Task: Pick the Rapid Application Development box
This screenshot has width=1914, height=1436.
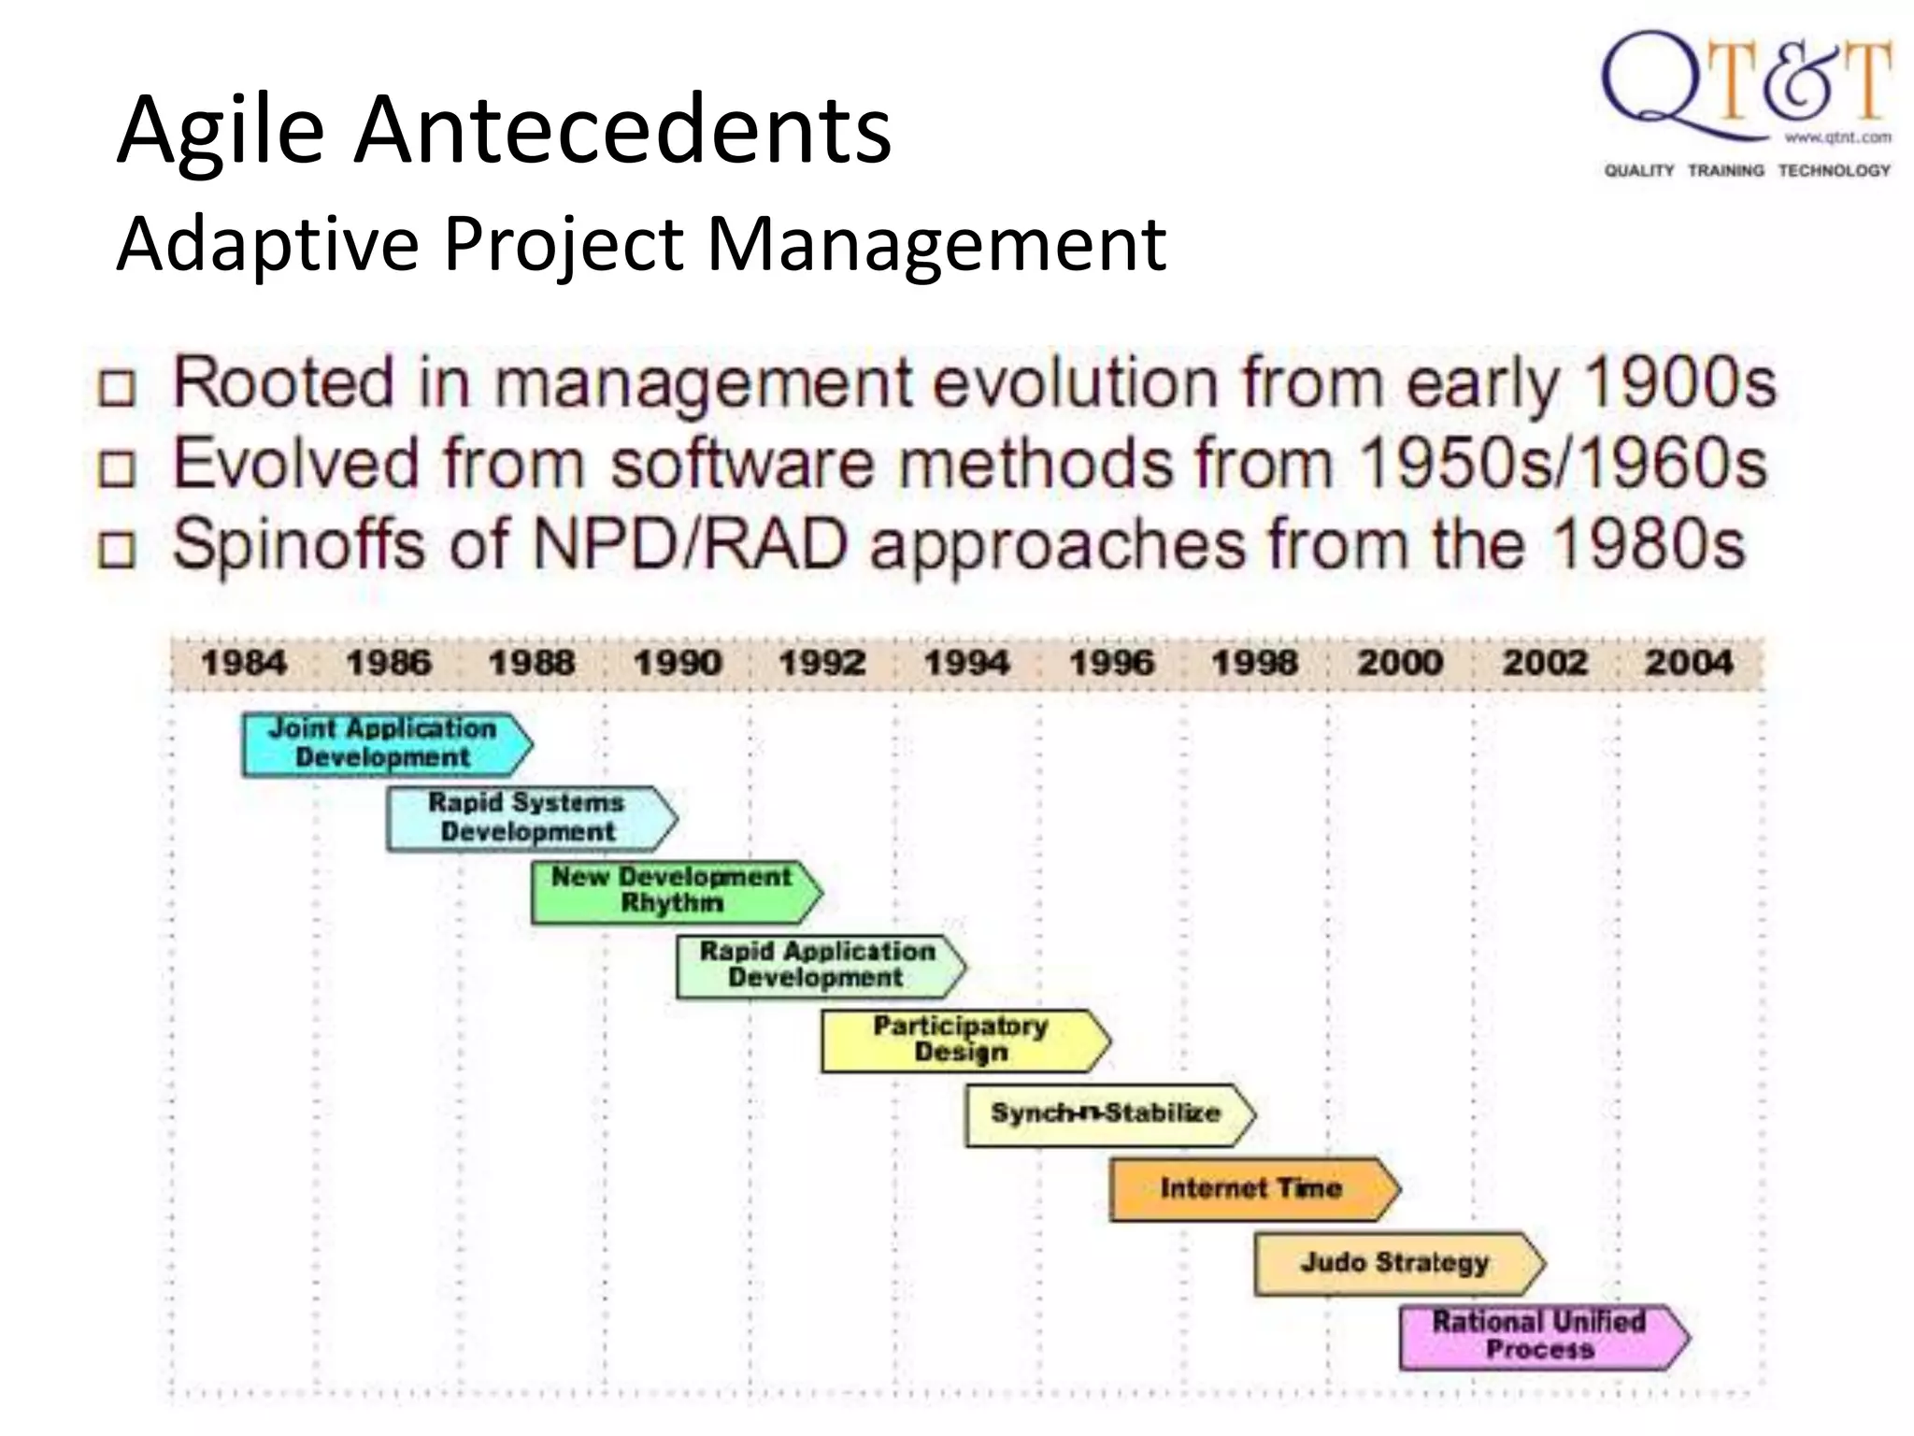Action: pos(819,966)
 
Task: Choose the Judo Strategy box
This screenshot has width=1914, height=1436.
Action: pos(1396,1263)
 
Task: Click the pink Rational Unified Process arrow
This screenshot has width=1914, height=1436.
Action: pos(1541,1337)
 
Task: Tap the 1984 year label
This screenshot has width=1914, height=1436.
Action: pos(244,663)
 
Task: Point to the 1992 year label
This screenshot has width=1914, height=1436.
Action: pos(822,663)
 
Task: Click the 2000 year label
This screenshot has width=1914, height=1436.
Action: pos(1400,663)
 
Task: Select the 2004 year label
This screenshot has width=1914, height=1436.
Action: pos(1689,663)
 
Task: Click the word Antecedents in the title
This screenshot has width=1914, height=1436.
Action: pos(622,131)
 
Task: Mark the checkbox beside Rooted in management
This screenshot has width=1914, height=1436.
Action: pos(118,388)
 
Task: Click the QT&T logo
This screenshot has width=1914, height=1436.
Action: pos(1747,103)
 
